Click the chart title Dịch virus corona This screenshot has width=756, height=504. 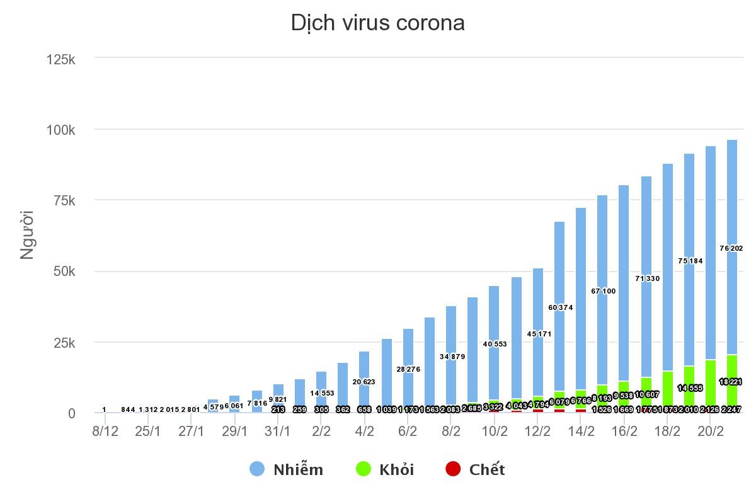pos(377,23)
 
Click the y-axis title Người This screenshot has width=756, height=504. pos(26,235)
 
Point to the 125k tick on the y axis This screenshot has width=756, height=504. pos(61,59)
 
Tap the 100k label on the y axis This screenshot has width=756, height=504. pos(61,130)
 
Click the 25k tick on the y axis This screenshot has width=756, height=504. pos(64,343)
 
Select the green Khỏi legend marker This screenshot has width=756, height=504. pos(364,469)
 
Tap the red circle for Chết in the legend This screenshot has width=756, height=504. pos(453,469)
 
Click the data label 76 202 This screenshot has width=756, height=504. pos(731,248)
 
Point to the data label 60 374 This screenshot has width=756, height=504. pos(560,307)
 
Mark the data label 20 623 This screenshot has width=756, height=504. pos(365,382)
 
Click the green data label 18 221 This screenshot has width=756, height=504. pos(731,382)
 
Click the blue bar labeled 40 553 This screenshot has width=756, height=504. pos(495,315)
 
